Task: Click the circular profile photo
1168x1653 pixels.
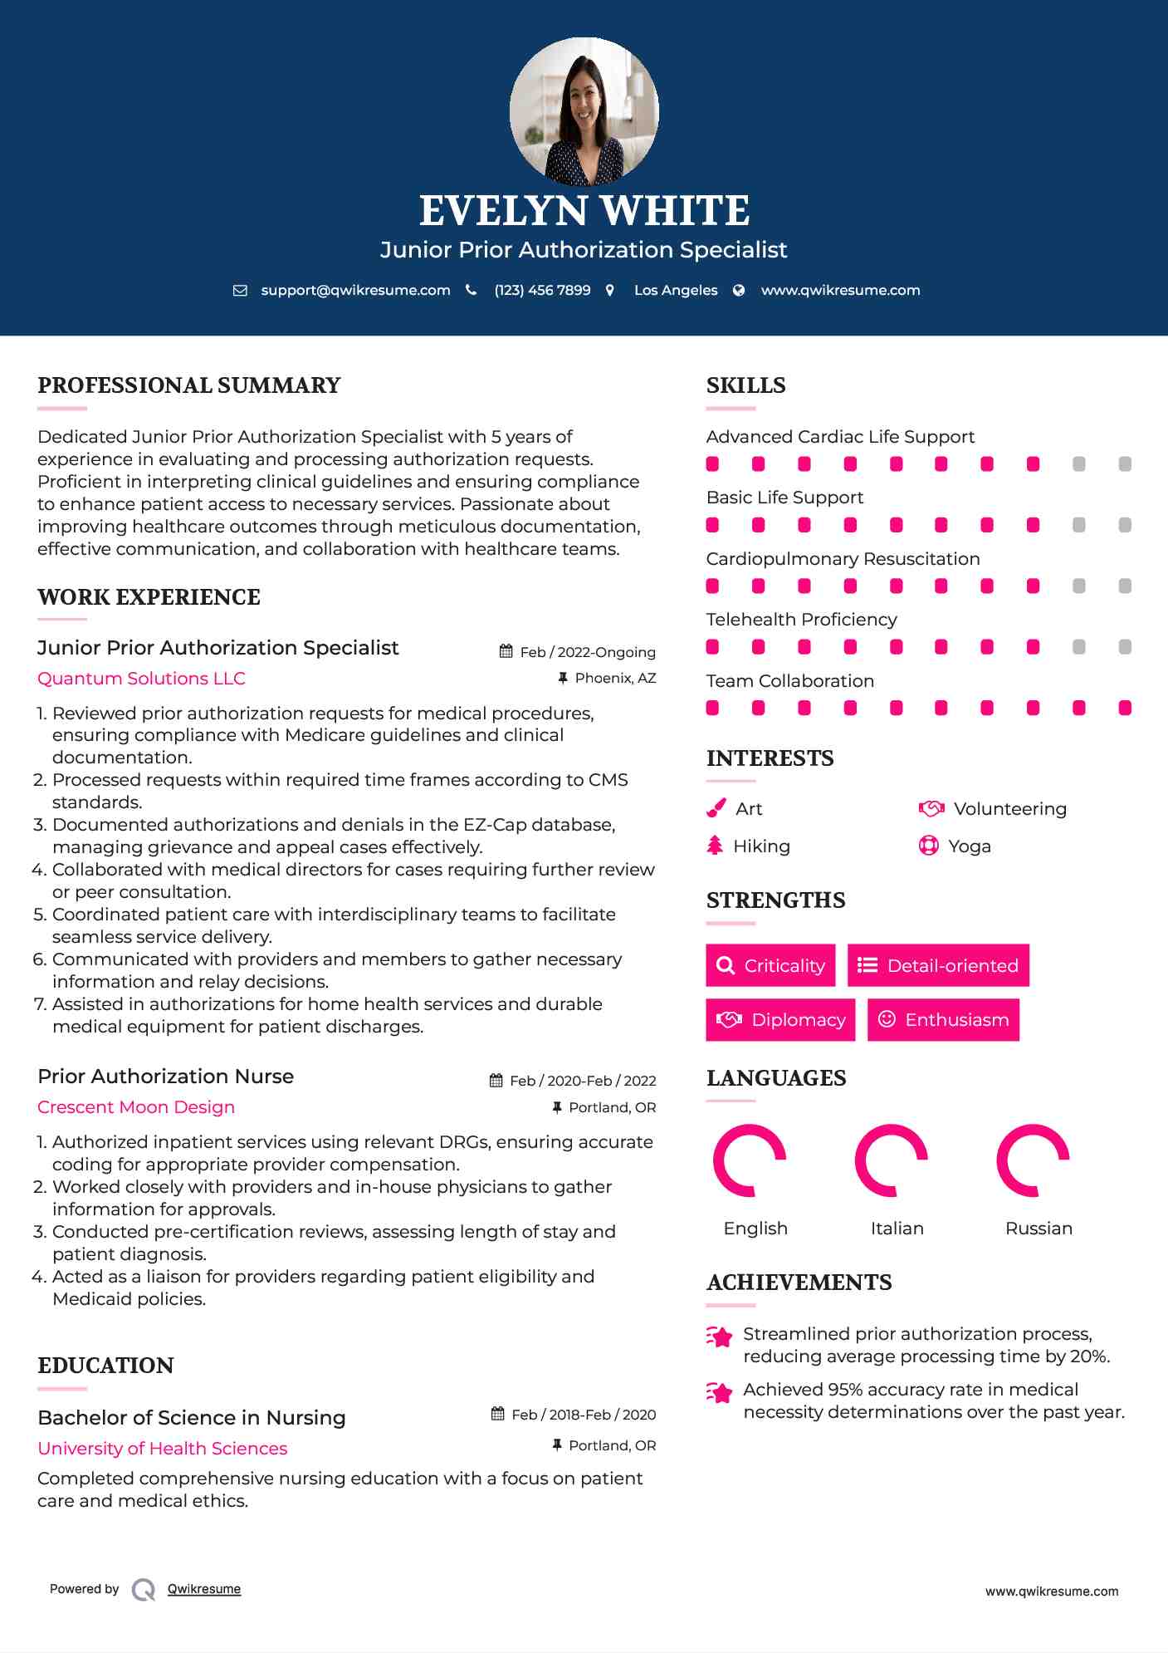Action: click(x=584, y=110)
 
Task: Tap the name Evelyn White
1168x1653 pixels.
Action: click(x=584, y=211)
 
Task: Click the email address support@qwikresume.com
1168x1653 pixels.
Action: click(x=355, y=291)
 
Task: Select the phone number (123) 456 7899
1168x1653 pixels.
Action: click(x=542, y=291)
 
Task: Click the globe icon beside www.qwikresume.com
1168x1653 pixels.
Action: click(x=739, y=291)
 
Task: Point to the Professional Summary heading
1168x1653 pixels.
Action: click(x=189, y=385)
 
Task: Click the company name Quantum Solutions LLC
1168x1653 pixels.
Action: click(x=141, y=679)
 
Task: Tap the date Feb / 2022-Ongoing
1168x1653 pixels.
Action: click(x=588, y=652)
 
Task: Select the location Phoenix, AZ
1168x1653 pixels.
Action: click(x=615, y=679)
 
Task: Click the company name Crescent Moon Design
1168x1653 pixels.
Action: click(x=136, y=1107)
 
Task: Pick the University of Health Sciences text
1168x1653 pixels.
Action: click(x=163, y=1449)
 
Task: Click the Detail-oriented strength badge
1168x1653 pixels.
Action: click(x=938, y=965)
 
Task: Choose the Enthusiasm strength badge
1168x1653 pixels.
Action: click(x=943, y=1020)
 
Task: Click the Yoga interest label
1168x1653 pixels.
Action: click(x=970, y=846)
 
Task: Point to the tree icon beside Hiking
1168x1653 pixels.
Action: click(x=715, y=846)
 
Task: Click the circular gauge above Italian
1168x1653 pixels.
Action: click(x=892, y=1160)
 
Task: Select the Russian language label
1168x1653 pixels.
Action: click(x=1038, y=1229)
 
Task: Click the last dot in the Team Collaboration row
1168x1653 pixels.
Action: click(x=1125, y=708)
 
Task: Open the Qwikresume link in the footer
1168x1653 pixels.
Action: click(x=204, y=1589)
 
